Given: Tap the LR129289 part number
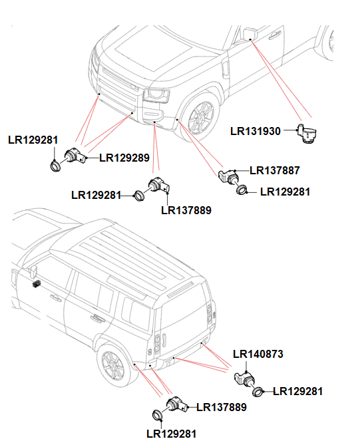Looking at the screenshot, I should (x=124, y=158).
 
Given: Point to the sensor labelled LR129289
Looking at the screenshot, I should (x=73, y=158).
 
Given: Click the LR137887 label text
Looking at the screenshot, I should (x=274, y=170).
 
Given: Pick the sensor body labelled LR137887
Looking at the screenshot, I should (x=230, y=175).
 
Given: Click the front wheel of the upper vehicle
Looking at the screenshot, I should (x=200, y=118).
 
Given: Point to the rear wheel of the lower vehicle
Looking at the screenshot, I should (x=112, y=366).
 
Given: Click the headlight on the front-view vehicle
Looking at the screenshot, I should (x=156, y=94).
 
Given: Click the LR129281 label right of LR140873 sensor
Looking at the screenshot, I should (x=297, y=392).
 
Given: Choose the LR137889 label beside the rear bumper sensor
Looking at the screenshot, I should (x=222, y=407).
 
